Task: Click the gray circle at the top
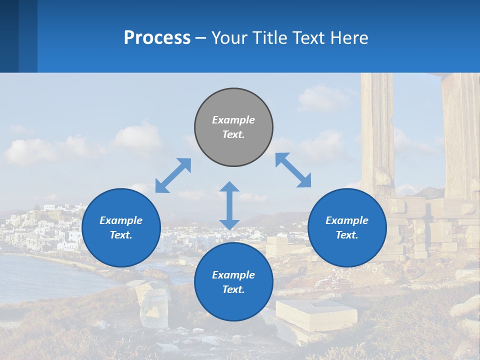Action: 233,127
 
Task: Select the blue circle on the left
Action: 121,227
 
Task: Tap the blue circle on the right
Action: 347,227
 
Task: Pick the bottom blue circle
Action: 233,282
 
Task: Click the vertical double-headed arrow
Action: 229,205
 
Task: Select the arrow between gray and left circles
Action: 173,175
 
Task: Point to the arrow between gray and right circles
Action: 293,170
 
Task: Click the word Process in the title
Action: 157,37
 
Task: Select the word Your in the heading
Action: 228,37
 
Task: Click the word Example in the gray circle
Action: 233,120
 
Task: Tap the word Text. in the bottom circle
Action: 233,289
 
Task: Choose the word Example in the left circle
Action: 121,220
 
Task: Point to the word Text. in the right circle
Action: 347,235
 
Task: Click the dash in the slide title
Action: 201,38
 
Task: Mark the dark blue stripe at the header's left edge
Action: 9,36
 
